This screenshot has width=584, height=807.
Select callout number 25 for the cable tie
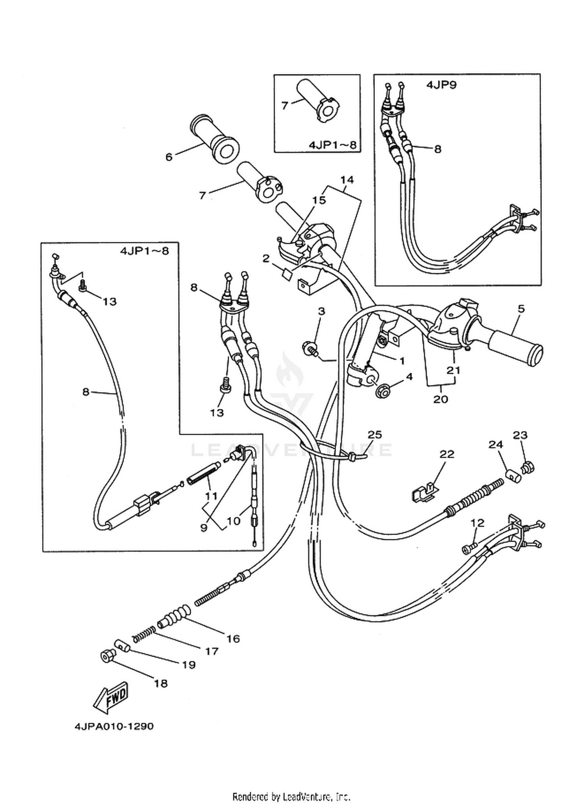(375, 434)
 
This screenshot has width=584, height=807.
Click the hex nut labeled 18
(107, 656)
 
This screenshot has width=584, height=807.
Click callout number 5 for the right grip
(521, 309)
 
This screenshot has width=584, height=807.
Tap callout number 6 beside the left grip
(169, 157)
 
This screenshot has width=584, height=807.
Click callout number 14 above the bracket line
(347, 180)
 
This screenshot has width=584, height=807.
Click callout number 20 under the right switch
(441, 399)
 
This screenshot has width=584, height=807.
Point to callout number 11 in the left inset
(212, 496)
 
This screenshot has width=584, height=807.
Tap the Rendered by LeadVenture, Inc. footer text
(292, 796)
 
